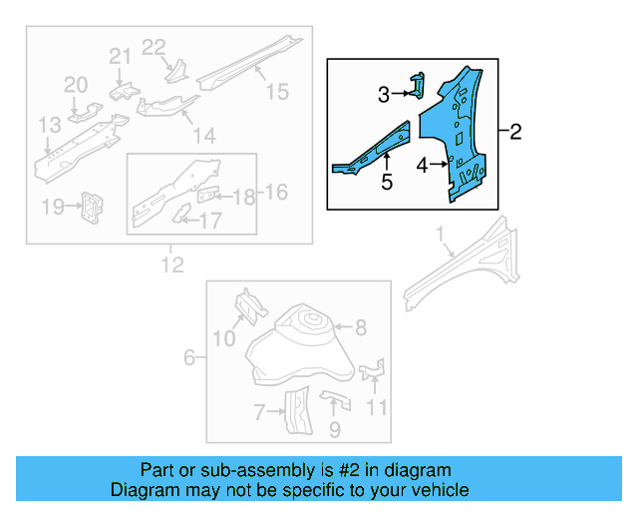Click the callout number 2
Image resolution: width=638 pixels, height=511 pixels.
(x=514, y=132)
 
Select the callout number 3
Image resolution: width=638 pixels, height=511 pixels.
(x=384, y=95)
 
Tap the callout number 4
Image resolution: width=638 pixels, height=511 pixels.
(x=423, y=166)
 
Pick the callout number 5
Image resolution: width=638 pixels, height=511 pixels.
(x=386, y=182)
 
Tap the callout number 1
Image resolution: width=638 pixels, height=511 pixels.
(x=438, y=236)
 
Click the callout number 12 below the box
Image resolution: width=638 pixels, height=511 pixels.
(x=172, y=265)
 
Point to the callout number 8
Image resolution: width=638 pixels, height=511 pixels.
(x=360, y=326)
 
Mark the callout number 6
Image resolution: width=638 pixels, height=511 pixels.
(x=189, y=357)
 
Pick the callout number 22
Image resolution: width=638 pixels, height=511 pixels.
(x=153, y=47)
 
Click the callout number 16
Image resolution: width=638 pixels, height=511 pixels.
(x=275, y=192)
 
